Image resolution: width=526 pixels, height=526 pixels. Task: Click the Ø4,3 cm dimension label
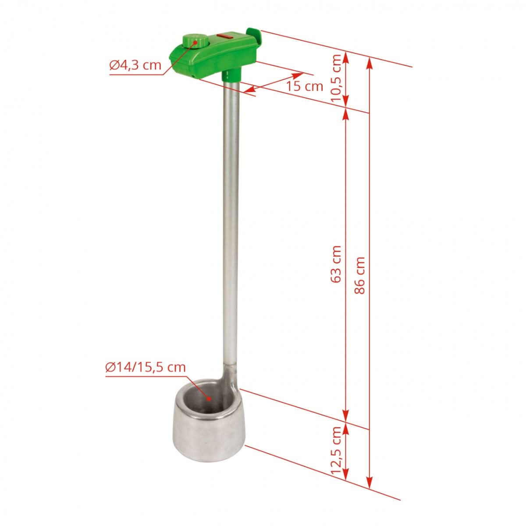(x=135, y=66)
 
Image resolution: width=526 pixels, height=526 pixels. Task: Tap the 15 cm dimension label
(x=305, y=86)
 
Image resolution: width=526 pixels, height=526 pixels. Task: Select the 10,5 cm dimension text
(x=337, y=78)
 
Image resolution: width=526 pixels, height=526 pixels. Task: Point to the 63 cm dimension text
(x=337, y=263)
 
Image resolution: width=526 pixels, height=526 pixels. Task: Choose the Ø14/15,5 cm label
(x=146, y=367)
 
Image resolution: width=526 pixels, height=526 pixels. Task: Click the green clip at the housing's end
(x=254, y=35)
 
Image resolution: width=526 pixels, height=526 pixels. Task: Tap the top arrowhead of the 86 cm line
(x=370, y=62)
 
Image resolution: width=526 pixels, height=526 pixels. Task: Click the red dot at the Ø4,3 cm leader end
(x=195, y=43)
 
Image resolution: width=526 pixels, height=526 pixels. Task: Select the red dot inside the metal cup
(x=210, y=399)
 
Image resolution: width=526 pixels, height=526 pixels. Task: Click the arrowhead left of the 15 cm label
(x=248, y=90)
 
